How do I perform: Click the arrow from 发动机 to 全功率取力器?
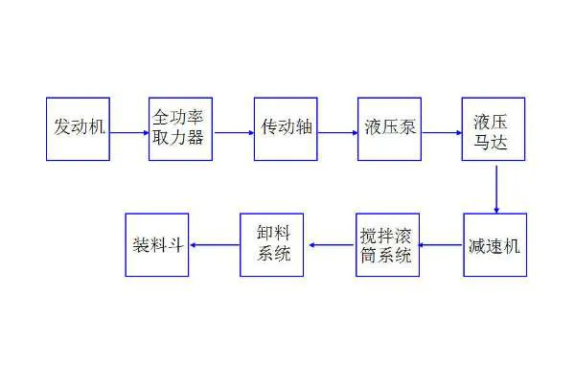[129, 132]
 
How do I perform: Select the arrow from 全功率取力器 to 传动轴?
[234, 132]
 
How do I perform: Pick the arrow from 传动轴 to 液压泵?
[337, 132]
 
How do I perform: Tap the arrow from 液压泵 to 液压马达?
[442, 132]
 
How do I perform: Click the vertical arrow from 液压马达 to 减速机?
[496, 190]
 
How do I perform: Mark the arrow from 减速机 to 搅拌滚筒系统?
[441, 245]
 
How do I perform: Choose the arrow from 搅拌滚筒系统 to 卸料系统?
[333, 245]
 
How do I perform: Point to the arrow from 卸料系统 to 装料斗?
[215, 245]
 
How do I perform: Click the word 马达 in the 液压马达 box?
[491, 142]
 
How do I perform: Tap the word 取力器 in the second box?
[178, 137]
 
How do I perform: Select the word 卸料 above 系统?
[273, 233]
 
